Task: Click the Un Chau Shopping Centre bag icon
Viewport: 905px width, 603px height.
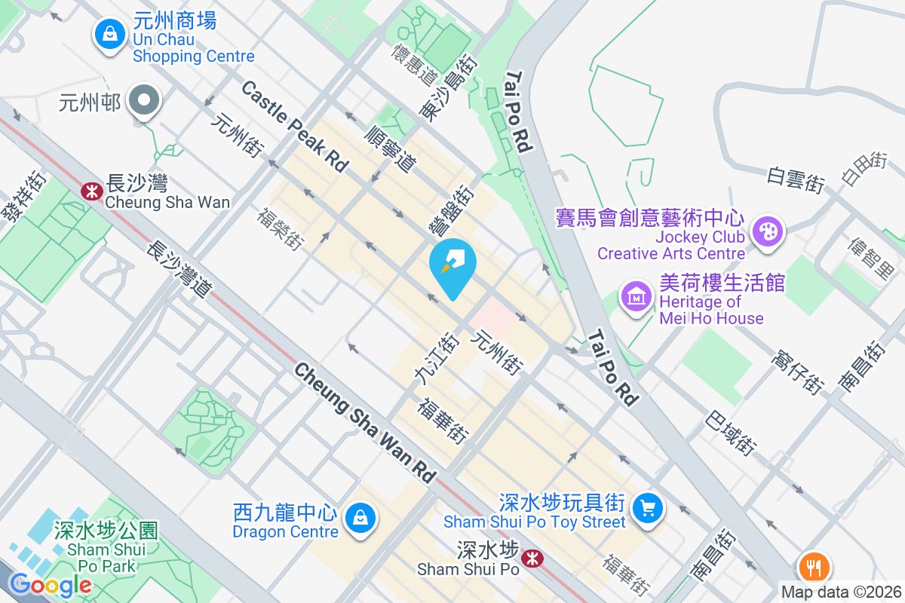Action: pos(110,34)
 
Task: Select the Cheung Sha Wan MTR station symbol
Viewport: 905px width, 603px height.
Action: pos(92,191)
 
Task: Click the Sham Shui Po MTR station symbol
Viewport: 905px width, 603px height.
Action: pos(533,559)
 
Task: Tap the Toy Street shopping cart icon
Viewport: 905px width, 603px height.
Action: pos(647,507)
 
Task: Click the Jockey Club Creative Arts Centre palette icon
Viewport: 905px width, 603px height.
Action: pos(768,229)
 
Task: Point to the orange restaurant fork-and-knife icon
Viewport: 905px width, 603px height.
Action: pos(814,565)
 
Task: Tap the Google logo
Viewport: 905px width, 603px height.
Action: pos(50,584)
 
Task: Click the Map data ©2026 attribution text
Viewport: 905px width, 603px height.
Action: pos(841,592)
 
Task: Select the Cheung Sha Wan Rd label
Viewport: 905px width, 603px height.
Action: pos(365,422)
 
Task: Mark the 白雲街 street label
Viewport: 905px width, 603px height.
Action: pos(795,179)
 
